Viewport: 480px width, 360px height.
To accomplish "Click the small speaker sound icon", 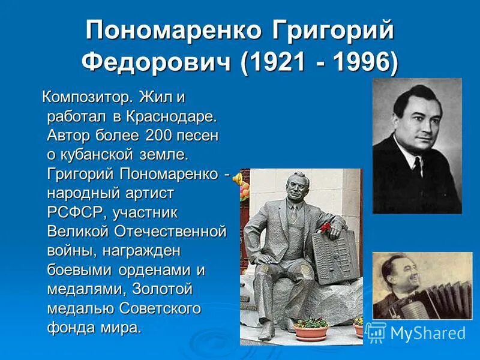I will [x=238, y=178].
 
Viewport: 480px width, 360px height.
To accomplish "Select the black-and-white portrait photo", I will [x=416, y=146].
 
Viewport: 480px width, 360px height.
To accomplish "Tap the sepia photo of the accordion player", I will [x=422, y=285].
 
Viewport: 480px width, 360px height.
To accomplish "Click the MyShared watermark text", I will [x=427, y=332].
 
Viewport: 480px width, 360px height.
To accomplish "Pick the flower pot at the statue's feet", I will [x=311, y=329].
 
